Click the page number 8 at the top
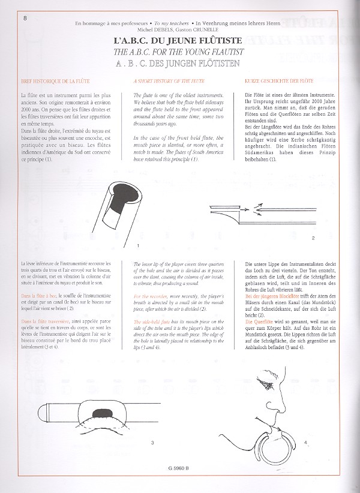tap(8, 17)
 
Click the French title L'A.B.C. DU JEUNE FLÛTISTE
tap(182, 37)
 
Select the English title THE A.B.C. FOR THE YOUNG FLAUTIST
tap(182, 47)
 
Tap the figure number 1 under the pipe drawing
tap(139, 246)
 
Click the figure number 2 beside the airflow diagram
tap(313, 239)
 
